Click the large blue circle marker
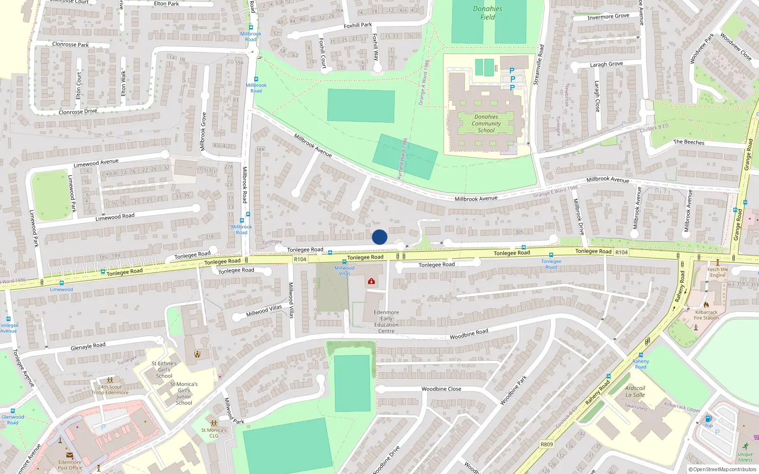[379, 237]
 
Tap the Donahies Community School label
[486, 124]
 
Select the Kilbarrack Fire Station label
[706, 315]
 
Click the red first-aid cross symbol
[371, 282]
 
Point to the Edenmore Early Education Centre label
[386, 322]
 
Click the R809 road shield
[546, 444]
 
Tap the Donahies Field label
[487, 13]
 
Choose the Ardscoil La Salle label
[635, 392]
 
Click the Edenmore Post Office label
[70, 465]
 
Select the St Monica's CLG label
[214, 433]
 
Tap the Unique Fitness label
[745, 457]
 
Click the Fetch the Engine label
[717, 272]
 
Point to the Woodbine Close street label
[441, 389]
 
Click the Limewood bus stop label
[62, 289]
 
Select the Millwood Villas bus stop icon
[344, 262]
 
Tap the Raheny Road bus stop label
[640, 364]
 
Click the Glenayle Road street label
[88, 346]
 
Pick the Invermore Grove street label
[608, 17]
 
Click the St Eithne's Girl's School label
[164, 370]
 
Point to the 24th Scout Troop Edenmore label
[110, 390]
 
